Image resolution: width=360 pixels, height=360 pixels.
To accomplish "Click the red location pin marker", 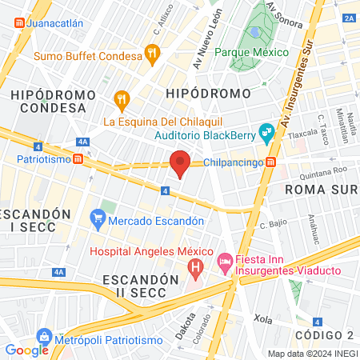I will point(180,163).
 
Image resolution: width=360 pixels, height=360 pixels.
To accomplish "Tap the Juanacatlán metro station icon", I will point(18,23).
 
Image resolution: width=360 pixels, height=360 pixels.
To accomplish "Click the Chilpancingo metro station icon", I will point(271,162).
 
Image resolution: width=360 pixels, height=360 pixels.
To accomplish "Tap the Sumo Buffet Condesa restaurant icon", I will point(151,55).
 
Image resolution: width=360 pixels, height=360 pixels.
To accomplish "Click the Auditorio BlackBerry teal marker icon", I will point(267,134).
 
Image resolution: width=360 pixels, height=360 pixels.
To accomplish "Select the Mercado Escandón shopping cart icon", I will point(98,216).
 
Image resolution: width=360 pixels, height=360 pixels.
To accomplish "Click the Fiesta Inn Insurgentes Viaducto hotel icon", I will point(226,262).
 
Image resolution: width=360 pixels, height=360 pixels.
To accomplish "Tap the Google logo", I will point(27,350).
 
